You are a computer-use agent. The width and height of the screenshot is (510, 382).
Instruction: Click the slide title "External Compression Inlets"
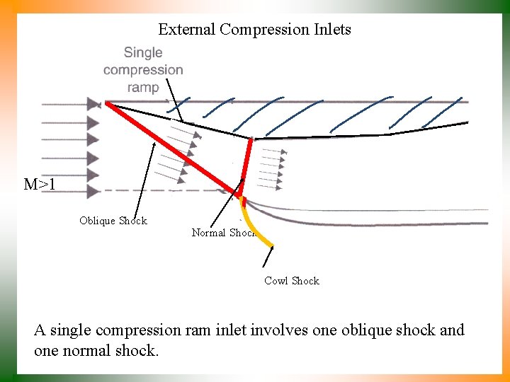tap(254, 30)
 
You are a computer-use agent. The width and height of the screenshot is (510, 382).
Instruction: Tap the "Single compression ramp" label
tap(143, 69)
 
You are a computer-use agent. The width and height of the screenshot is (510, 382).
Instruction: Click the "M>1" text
tap(40, 185)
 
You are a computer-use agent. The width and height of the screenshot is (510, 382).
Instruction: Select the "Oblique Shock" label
tap(113, 221)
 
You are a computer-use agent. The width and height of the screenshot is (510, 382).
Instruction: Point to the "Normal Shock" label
tap(222, 233)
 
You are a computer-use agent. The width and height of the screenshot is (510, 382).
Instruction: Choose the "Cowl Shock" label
tap(291, 281)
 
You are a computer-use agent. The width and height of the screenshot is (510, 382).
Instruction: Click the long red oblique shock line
tap(170, 148)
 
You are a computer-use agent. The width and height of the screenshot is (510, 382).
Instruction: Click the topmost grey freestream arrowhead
tap(93, 104)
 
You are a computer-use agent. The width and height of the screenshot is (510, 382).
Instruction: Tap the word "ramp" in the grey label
tap(143, 88)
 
